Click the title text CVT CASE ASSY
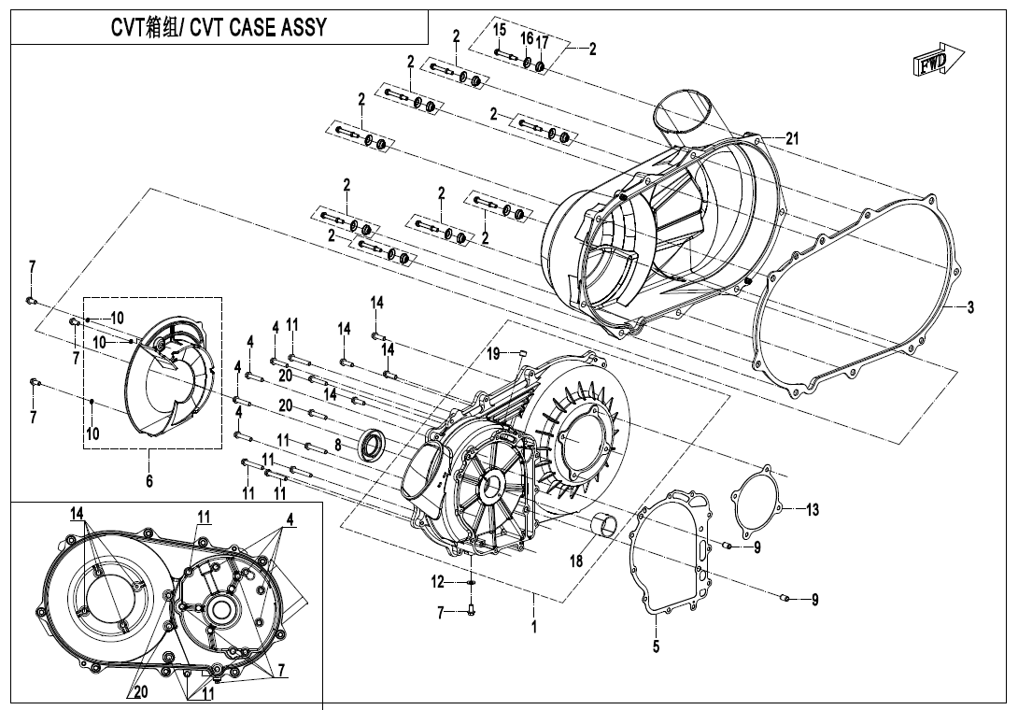pos(219,27)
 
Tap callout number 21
pos(792,138)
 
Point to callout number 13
pos(813,509)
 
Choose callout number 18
pos(576,561)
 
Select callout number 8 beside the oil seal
pos(338,446)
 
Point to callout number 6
pos(148,480)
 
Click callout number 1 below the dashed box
pos(533,627)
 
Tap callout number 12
pos(437,582)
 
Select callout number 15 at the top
pos(500,31)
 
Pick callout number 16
pos(527,38)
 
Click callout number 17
pos(542,43)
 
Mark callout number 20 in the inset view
pos(140,692)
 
